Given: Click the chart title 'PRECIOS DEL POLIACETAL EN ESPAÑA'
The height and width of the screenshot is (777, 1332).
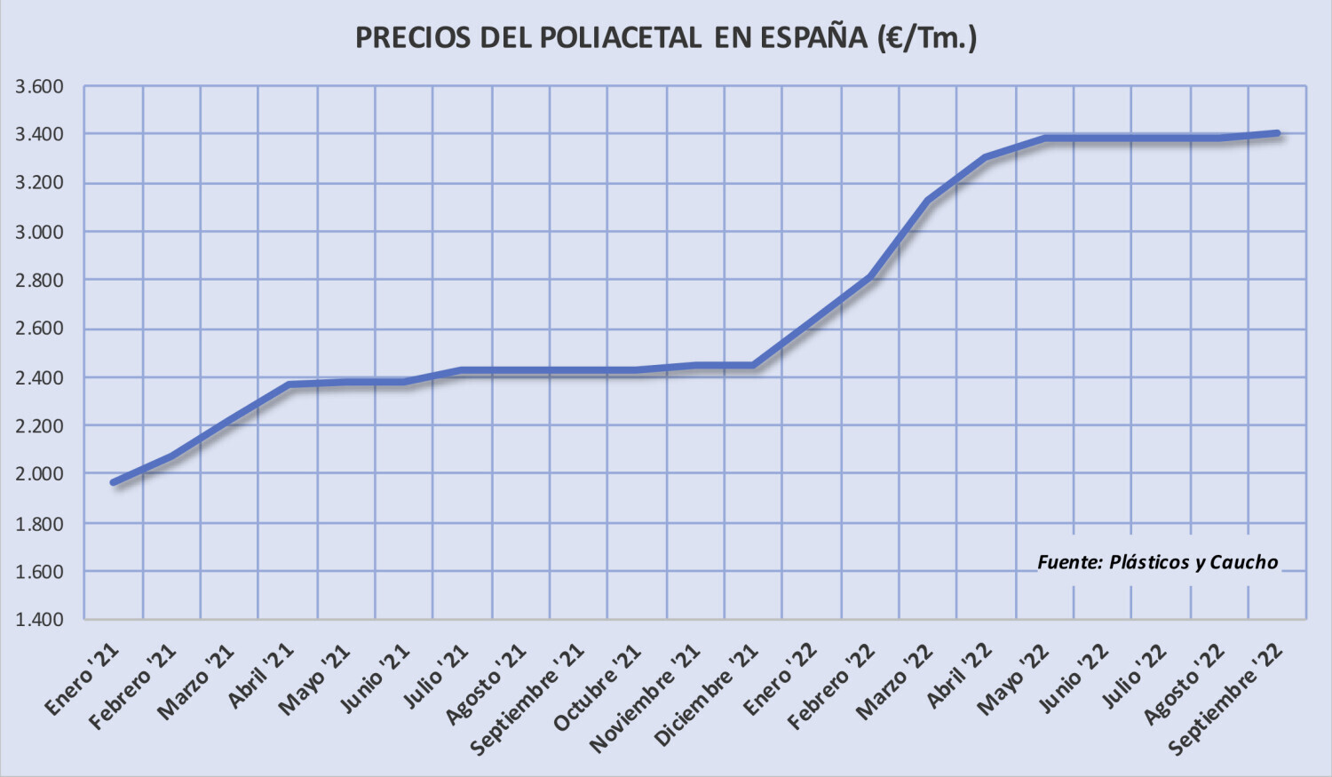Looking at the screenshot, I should pyautogui.click(x=666, y=37).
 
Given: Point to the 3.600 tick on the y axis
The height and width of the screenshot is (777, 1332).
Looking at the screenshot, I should pyautogui.click(x=39, y=87).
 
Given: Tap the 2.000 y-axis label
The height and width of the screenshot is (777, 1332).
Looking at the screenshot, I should pyautogui.click(x=39, y=474).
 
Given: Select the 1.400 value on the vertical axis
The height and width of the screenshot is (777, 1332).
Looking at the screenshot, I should pyautogui.click(x=39, y=619).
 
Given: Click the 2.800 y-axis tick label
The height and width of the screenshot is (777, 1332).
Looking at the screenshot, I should pyautogui.click(x=39, y=281).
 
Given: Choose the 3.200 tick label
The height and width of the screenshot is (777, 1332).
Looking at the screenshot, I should pyautogui.click(x=39, y=184).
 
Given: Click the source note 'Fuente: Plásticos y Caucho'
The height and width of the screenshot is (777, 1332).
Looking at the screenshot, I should pyautogui.click(x=1157, y=562).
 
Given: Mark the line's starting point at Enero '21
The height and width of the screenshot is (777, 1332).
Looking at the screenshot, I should pyautogui.click(x=114, y=482).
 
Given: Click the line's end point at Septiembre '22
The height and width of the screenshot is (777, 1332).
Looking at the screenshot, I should pyautogui.click(x=1277, y=133).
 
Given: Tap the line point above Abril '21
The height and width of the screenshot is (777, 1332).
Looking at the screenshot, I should pyautogui.click(x=289, y=385).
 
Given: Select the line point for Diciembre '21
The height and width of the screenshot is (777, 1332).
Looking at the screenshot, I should pyautogui.click(x=754, y=365).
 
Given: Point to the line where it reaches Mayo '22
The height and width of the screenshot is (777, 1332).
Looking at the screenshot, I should pyautogui.click(x=1045, y=138).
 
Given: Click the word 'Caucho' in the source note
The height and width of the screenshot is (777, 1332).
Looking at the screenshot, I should pyautogui.click(x=1243, y=562).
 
